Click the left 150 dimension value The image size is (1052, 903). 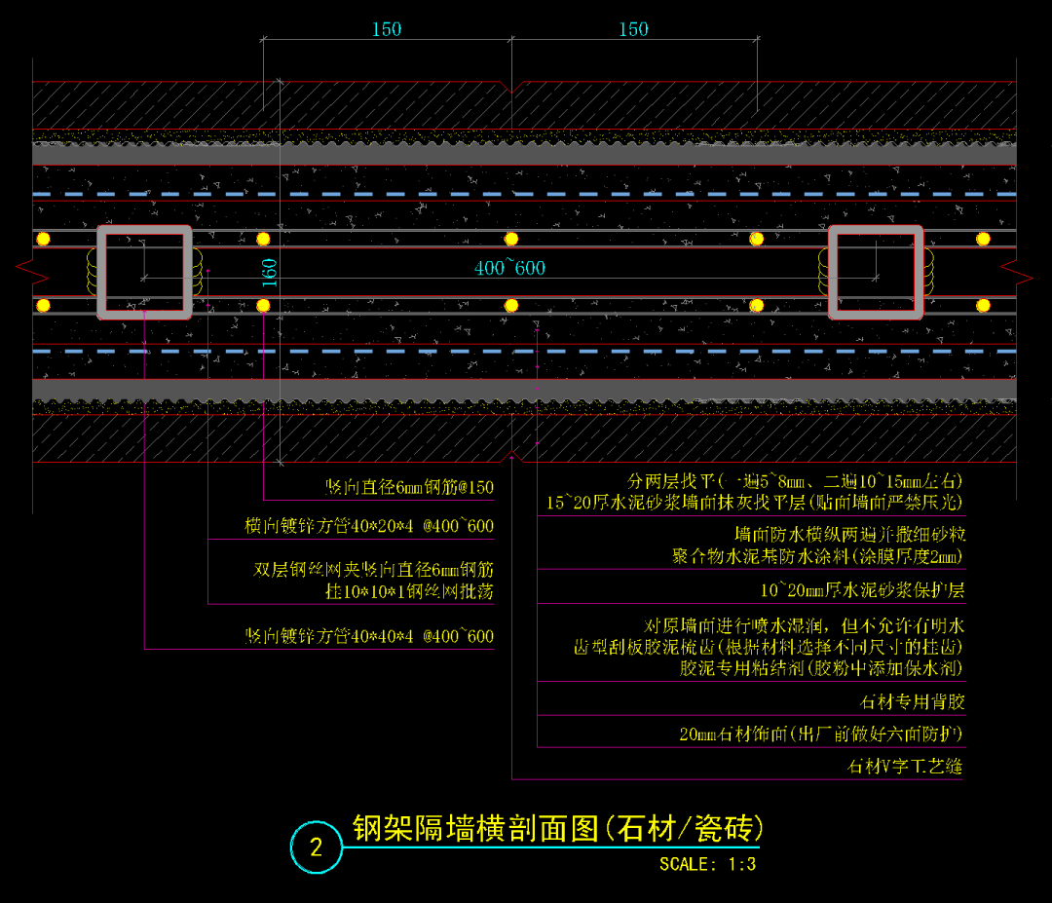coord(386,29)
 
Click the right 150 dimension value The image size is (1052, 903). coord(633,29)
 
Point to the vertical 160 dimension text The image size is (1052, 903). coord(270,272)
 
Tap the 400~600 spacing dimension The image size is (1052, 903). coord(509,268)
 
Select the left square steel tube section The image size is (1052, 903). coord(144,272)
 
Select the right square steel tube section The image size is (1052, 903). coord(876,272)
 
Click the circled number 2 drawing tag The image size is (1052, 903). coord(316,847)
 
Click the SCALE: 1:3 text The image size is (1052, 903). coord(707,863)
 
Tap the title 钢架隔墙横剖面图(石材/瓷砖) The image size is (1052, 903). coord(556,828)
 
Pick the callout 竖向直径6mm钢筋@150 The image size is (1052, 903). coord(409,487)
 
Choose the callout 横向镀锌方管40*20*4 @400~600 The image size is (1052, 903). coord(369,526)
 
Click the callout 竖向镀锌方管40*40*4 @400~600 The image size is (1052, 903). coord(369,636)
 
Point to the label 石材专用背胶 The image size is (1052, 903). coord(913,701)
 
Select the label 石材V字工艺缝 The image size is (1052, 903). coord(905,767)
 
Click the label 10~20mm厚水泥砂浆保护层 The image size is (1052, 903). coord(862,590)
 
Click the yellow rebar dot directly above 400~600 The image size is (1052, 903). coord(510,239)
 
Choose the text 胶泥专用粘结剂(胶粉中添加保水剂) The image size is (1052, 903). coord(822,668)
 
